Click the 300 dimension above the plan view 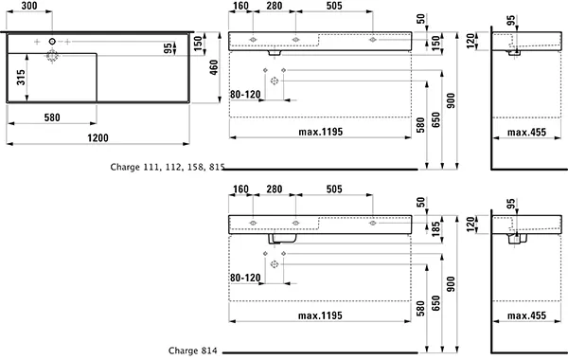29,6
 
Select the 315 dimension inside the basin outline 21,78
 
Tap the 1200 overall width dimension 98,137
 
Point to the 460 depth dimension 214,67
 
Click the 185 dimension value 435,228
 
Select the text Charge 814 193,351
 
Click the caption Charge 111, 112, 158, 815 168,167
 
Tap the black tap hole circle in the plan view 52,42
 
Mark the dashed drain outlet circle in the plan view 52,56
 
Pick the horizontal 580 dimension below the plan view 52,117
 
